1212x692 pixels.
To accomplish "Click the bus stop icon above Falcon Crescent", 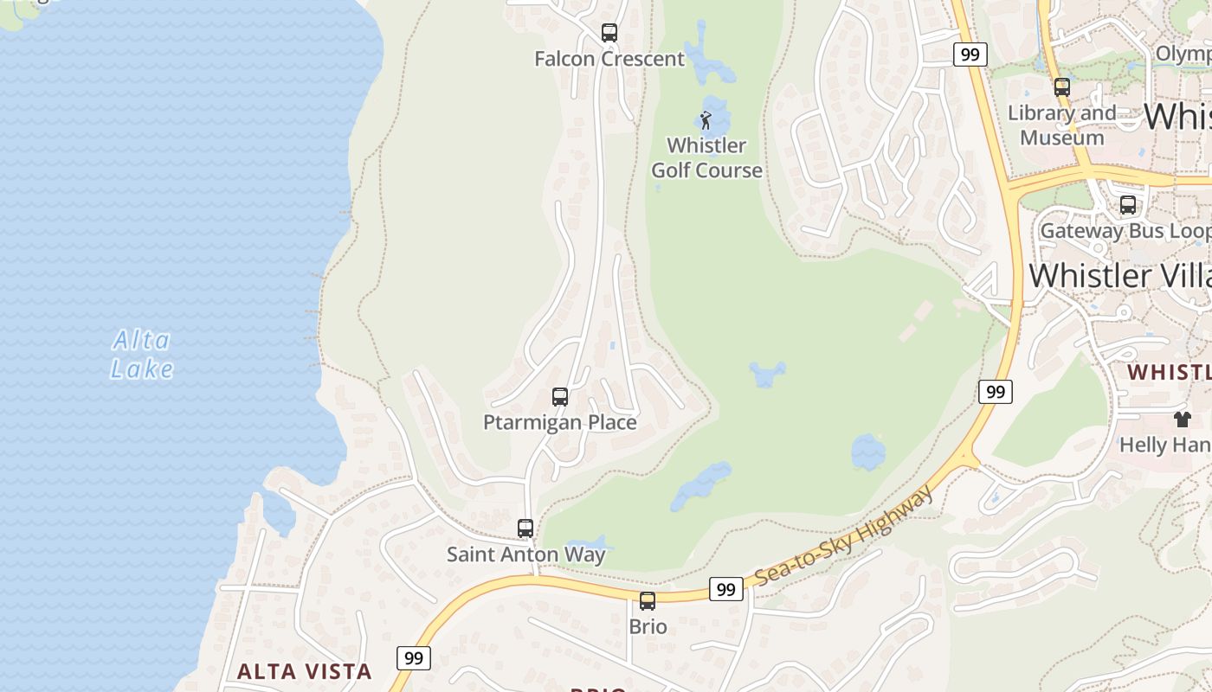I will (x=609, y=33).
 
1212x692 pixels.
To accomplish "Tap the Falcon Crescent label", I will (x=609, y=59).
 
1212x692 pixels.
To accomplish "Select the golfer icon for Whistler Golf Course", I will (x=706, y=120).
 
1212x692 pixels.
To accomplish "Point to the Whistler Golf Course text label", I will (x=706, y=157).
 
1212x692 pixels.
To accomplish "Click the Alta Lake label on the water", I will (x=142, y=355).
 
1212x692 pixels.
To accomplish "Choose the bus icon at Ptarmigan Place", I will (x=560, y=397).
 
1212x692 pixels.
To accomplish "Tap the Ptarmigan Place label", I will (x=560, y=422).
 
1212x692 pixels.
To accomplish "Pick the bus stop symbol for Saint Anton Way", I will (x=525, y=529).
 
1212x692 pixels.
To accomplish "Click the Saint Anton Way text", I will (x=525, y=554).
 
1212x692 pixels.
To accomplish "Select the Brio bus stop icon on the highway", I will (x=648, y=601).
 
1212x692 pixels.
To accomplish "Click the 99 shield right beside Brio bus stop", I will (x=725, y=590).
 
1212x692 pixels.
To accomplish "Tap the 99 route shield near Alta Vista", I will (x=414, y=658).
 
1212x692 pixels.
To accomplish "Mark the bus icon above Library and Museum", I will (x=1062, y=87).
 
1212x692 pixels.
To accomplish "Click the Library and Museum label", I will (x=1062, y=125).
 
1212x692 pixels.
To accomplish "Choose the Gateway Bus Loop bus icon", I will (x=1128, y=205).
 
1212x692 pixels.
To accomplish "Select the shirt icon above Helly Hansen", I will (x=1183, y=420).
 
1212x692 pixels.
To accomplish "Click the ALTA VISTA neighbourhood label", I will (x=305, y=671).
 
